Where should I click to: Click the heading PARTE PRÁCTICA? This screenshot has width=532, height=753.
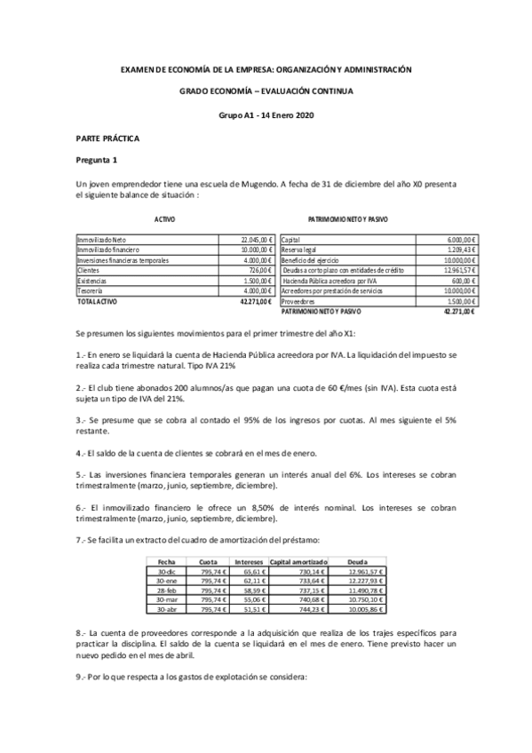[x=107, y=139]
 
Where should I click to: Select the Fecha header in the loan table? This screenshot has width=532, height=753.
[x=166, y=561]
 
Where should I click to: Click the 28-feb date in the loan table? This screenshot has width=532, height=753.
[x=166, y=591]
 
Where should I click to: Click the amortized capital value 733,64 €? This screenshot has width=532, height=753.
[x=313, y=581]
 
